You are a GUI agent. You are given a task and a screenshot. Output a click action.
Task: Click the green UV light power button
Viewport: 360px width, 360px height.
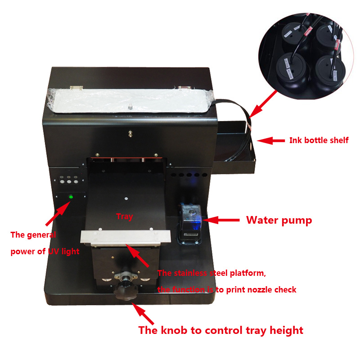click(x=71, y=197)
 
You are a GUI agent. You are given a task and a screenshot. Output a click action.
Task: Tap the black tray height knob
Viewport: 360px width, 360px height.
click(x=126, y=292)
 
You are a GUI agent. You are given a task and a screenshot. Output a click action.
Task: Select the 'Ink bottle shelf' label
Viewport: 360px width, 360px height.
click(x=319, y=140)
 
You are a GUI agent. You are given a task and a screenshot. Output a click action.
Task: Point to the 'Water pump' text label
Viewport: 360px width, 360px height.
click(x=279, y=220)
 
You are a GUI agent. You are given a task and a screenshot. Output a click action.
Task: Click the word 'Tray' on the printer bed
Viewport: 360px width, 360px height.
click(x=125, y=216)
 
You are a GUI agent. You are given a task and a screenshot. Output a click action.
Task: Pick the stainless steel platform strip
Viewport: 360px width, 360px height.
click(x=126, y=238)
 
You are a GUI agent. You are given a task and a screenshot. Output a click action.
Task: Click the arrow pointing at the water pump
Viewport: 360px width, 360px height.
click(x=221, y=220)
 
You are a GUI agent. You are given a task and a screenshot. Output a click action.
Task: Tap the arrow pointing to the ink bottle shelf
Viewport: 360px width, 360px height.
click(x=271, y=140)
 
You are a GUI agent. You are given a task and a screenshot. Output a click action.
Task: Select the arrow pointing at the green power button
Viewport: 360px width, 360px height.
click(x=58, y=213)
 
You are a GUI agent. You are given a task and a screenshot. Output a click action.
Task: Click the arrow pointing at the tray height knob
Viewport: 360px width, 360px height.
click(x=143, y=313)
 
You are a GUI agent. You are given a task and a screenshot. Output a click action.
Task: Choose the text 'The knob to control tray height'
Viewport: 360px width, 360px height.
click(x=221, y=331)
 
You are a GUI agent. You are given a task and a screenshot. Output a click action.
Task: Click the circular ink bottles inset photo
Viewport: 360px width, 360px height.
click(x=306, y=56)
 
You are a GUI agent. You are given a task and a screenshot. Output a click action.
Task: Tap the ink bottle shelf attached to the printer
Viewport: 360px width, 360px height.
click(x=234, y=147)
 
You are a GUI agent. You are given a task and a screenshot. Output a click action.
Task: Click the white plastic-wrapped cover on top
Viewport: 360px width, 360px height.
click(x=130, y=100)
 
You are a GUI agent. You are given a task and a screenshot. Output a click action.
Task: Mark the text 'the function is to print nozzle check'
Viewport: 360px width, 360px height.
click(x=227, y=290)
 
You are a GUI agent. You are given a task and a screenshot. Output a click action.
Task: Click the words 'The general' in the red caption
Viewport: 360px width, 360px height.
click(x=33, y=235)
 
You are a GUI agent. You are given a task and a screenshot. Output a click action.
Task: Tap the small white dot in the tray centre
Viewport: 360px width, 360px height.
click(x=126, y=198)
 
